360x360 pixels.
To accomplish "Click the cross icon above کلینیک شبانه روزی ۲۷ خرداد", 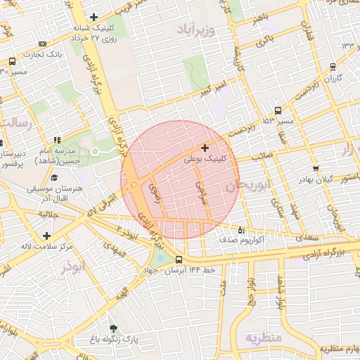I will [x=94, y=16].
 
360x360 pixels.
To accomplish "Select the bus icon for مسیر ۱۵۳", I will [x=278, y=110].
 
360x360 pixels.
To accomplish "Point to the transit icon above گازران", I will [x=333, y=67].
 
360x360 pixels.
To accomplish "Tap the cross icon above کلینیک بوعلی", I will [x=205, y=148].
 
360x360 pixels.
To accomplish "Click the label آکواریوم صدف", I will [x=265, y=240].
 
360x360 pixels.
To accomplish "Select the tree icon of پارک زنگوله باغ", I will [x=112, y=328].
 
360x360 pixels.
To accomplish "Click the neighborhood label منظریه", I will [x=262, y=338].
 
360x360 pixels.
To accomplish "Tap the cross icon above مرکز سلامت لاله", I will [x=46, y=236].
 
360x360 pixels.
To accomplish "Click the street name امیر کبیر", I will [x=210, y=89].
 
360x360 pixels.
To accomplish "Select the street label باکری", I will [x=264, y=43].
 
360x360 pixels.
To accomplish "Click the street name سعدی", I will [x=307, y=239].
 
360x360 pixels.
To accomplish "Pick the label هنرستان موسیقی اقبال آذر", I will [x=55, y=194].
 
